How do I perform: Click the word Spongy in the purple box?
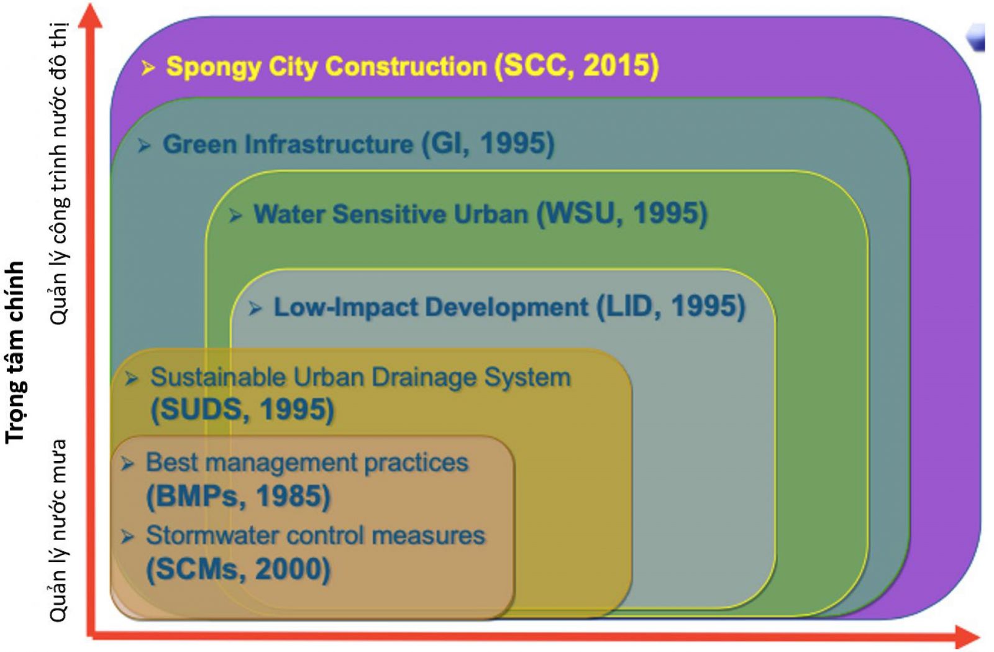tap(213, 68)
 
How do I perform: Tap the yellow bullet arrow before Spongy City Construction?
tap(148, 68)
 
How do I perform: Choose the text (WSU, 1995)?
tap(622, 214)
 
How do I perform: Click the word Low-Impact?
tap(346, 307)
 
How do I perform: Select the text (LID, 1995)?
tap(671, 306)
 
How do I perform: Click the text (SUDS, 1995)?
tap(242, 409)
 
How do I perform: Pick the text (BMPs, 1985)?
tap(239, 496)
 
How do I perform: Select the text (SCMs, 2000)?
tap(239, 569)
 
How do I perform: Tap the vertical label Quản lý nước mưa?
tap(58, 531)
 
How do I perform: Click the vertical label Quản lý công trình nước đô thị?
tap(58, 173)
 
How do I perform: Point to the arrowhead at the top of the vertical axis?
tap(91, 16)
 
